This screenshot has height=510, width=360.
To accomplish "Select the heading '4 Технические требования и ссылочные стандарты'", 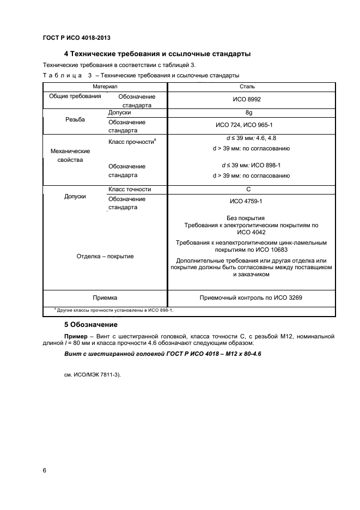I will pos(157,54).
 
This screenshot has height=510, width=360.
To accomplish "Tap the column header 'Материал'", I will pos(105,87).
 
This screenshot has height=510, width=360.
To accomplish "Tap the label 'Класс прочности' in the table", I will pos(132,141).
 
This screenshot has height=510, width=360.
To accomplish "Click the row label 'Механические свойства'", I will pos(70,155).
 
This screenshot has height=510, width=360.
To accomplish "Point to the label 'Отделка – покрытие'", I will pos(105,256).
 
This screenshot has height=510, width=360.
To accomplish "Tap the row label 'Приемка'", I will pos(105,298).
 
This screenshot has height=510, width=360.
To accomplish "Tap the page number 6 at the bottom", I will pos(44,470).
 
